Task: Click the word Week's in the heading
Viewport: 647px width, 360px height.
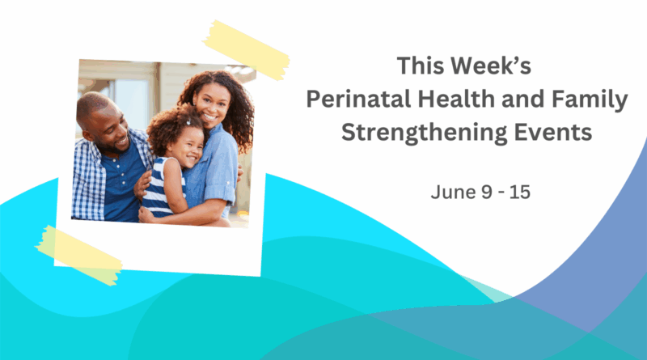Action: coord(491,66)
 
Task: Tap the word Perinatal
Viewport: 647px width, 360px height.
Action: coord(358,100)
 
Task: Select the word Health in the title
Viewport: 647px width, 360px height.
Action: coord(456,99)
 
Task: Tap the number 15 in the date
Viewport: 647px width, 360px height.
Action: coord(519,192)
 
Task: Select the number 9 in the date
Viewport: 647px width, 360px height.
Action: coord(487,192)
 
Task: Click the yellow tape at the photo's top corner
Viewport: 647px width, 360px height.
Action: coord(247,50)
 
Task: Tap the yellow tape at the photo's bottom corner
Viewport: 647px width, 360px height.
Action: coord(78,255)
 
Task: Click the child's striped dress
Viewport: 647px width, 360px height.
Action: coord(159,187)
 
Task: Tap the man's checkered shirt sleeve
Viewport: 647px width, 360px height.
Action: coord(87,182)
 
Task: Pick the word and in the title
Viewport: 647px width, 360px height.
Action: coord(522,99)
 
